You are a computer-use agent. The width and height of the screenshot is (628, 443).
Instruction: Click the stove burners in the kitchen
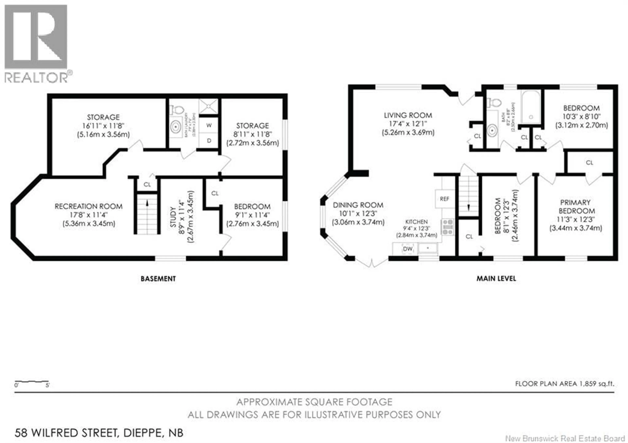click(x=447, y=227)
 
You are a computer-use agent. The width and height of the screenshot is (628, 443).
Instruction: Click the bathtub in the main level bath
click(x=531, y=107)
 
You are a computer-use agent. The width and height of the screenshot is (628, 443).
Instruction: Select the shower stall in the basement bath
click(x=208, y=106)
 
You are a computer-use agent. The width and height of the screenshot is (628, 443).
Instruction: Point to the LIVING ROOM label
click(x=408, y=115)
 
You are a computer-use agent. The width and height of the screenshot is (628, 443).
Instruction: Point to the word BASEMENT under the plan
click(x=158, y=279)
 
